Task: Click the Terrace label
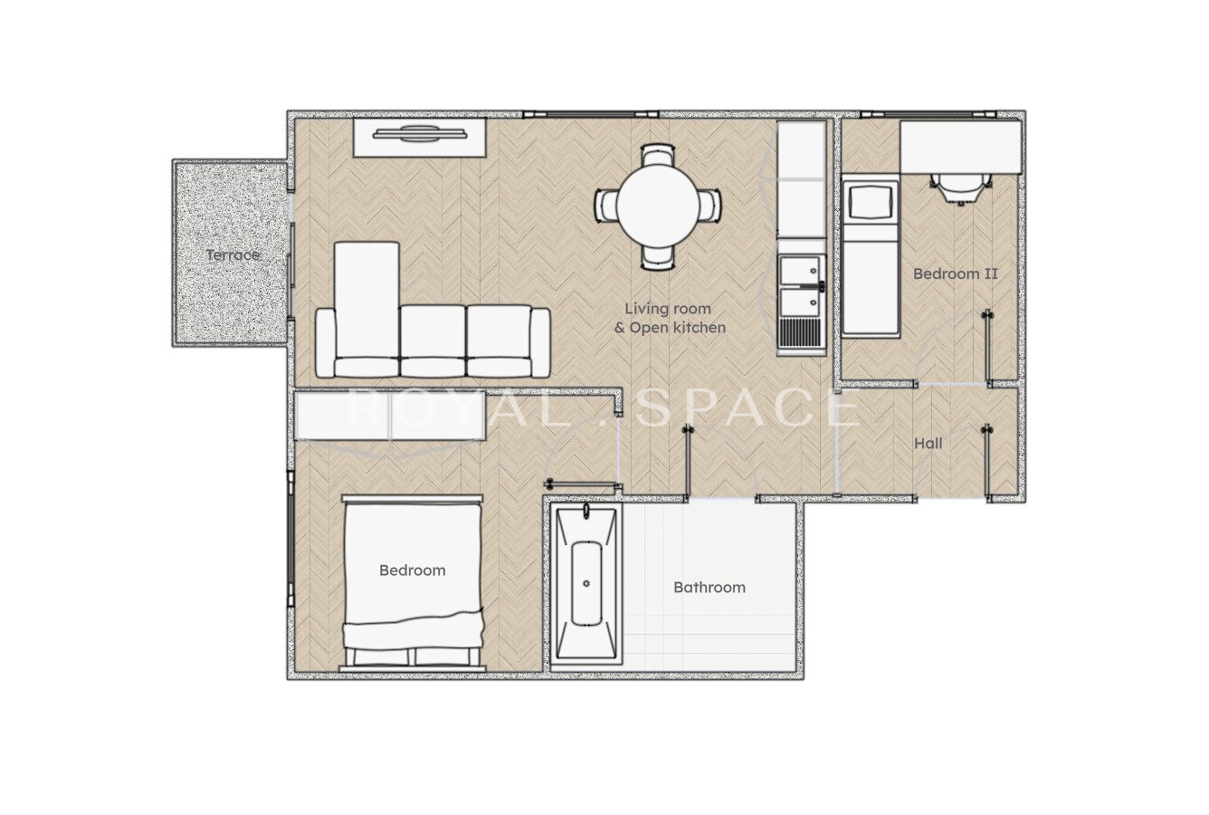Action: (x=233, y=255)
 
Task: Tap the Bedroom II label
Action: (x=956, y=273)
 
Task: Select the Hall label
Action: (x=928, y=444)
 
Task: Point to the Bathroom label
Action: (x=709, y=587)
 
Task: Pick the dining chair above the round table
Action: (x=659, y=155)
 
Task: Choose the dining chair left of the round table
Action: (x=606, y=206)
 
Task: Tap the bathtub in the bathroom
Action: (x=586, y=586)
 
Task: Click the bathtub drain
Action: (x=586, y=583)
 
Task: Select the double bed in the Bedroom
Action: (x=413, y=583)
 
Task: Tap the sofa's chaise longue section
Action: (x=367, y=309)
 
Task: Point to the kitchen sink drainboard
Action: (x=802, y=331)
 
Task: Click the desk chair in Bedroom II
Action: (x=961, y=189)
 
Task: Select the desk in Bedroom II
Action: (x=961, y=148)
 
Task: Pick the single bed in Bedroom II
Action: (x=870, y=258)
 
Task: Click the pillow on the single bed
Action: (x=870, y=201)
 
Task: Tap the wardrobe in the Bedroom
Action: (x=391, y=416)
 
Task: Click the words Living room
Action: (x=668, y=309)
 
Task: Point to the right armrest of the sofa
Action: (x=539, y=342)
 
